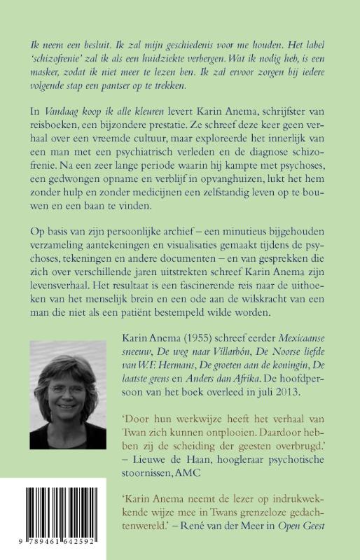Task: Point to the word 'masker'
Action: pyautogui.click(x=47, y=75)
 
